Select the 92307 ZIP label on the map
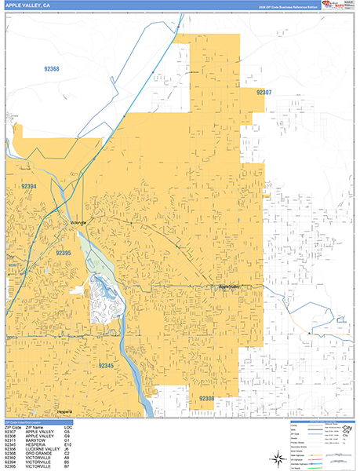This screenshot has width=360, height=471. pyautogui.click(x=264, y=92)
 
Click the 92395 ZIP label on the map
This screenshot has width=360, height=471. pyautogui.click(x=64, y=254)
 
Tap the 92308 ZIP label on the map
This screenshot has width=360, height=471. pyautogui.click(x=206, y=400)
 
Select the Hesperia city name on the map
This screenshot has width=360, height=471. pyautogui.click(x=66, y=411)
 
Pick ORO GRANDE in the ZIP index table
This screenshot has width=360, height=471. pyautogui.click(x=40, y=456)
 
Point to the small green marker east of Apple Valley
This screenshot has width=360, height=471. pyautogui.click(x=309, y=333)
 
